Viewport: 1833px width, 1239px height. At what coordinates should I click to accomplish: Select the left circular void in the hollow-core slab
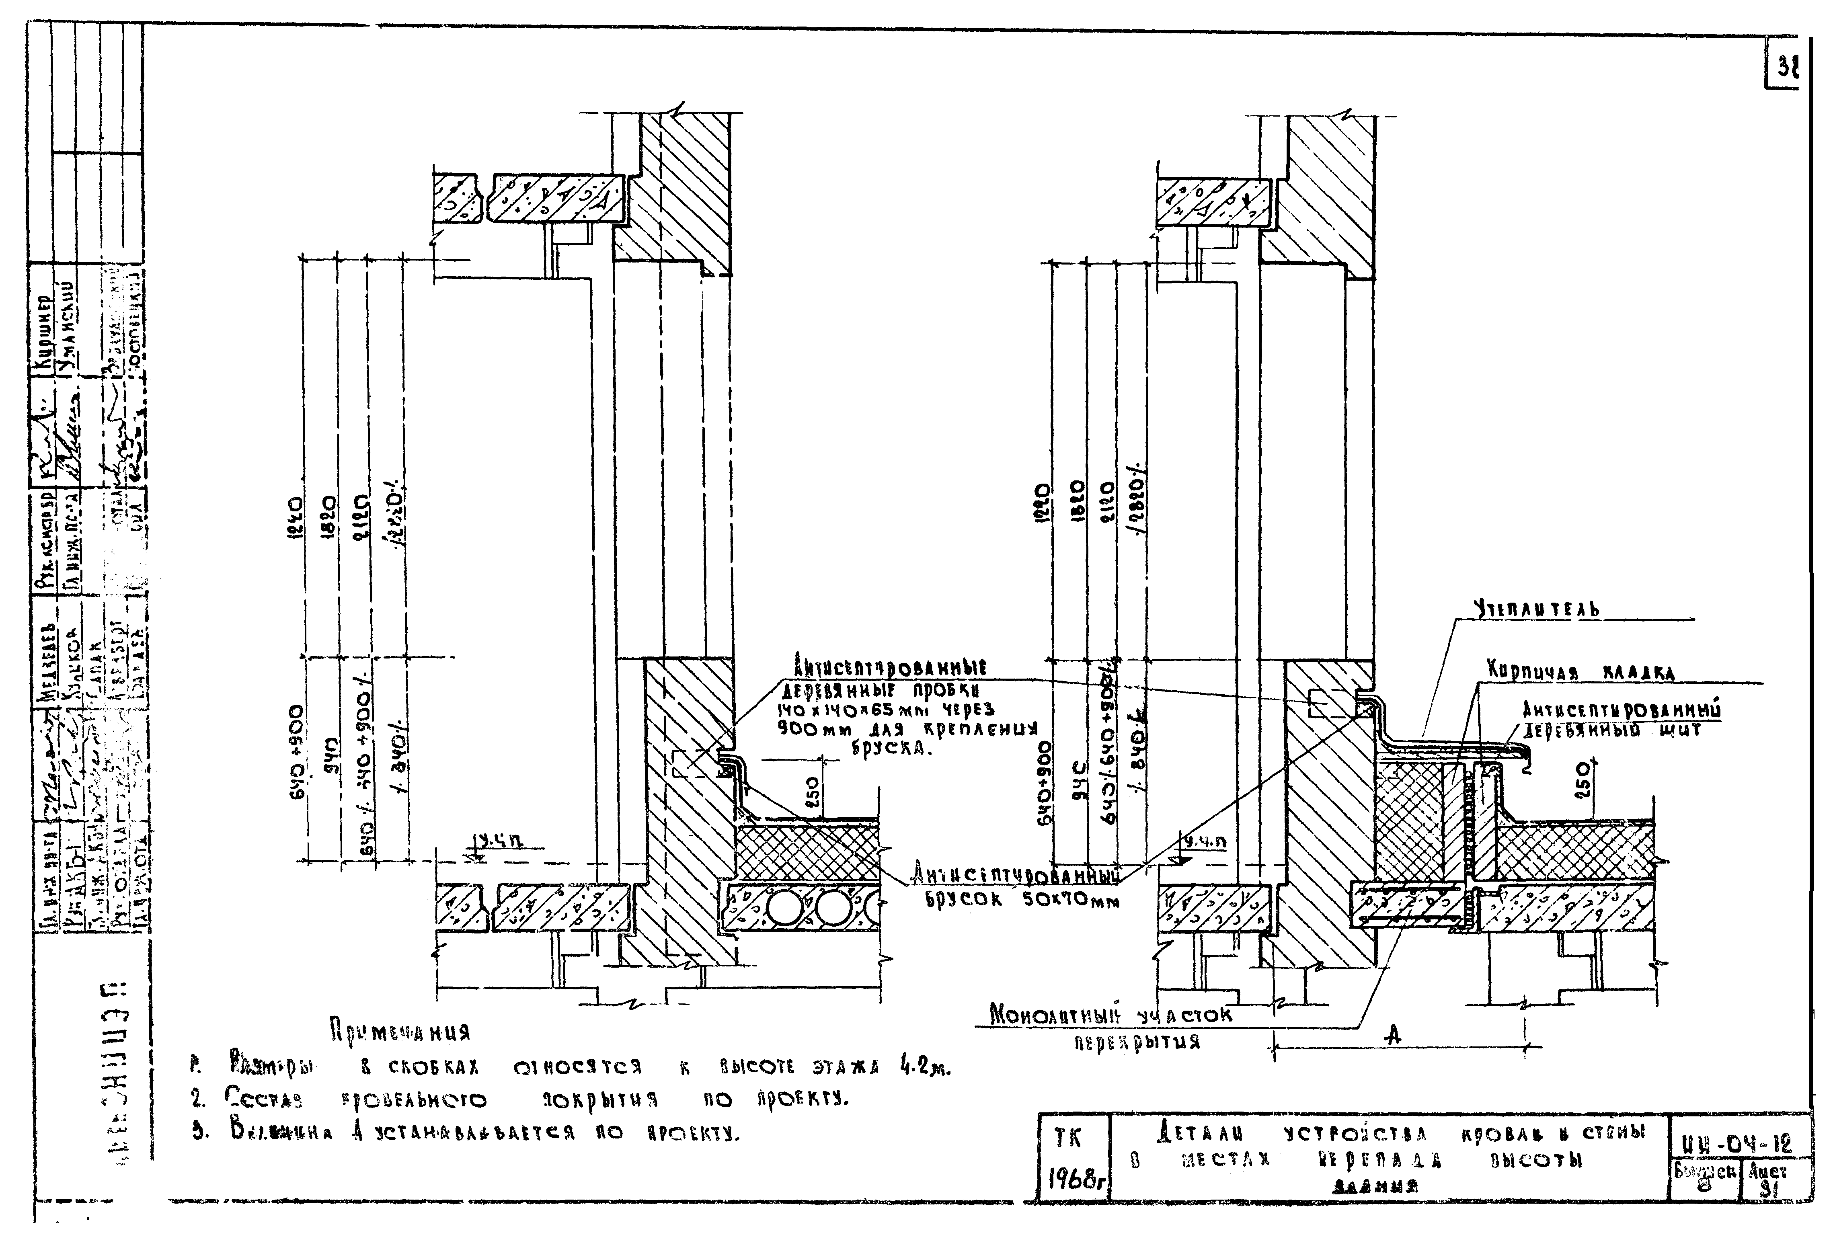pos(781,909)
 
